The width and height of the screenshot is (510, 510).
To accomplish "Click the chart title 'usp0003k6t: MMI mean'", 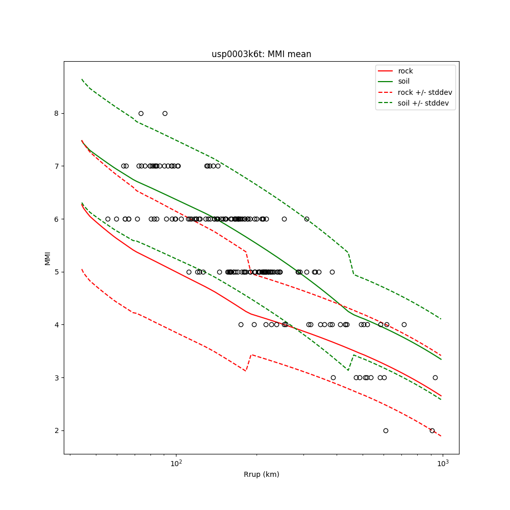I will (x=261, y=54).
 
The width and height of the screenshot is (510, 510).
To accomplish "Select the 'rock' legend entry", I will (x=405, y=71).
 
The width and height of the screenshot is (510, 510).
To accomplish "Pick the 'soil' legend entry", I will (x=403, y=81).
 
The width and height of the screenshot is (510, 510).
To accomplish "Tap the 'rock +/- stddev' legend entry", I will (x=425, y=92).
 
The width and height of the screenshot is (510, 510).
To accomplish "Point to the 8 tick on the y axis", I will (x=56, y=113).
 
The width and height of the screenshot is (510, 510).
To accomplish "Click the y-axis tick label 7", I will (x=56, y=166).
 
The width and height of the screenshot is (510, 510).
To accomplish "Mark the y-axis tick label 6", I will (x=56, y=219).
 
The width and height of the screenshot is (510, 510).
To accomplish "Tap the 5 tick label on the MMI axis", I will (x=56, y=272).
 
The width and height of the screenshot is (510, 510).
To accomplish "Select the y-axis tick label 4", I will (x=56, y=325).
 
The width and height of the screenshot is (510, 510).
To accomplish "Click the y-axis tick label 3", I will (x=56, y=378).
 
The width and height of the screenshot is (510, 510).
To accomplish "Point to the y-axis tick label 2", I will (x=56, y=431).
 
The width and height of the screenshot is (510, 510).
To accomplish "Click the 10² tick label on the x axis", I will (x=176, y=463).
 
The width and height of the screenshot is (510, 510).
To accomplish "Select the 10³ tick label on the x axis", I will (x=443, y=463).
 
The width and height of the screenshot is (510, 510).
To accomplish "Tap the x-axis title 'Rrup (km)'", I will (x=261, y=474).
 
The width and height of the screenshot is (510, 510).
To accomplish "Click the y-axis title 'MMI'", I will (x=47, y=258).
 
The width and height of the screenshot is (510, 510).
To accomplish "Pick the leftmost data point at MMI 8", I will (x=141, y=113).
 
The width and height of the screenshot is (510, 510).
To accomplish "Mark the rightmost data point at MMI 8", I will (x=165, y=113).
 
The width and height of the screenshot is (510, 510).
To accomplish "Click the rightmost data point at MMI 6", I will (x=307, y=219).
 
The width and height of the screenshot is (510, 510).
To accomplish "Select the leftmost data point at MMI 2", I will (x=386, y=430).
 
